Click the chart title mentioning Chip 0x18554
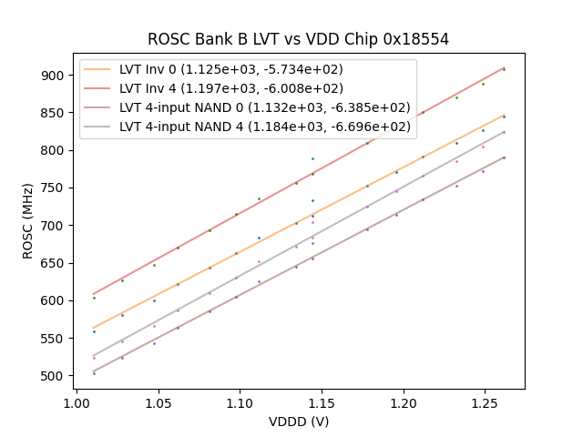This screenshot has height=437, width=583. [298, 39]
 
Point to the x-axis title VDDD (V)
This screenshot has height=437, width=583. [298, 422]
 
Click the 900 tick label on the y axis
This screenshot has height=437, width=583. [52, 75]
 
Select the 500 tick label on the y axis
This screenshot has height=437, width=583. [52, 376]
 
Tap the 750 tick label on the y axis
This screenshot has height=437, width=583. [52, 188]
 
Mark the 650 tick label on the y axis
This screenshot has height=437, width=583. [52, 263]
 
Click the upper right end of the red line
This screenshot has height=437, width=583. [504, 67]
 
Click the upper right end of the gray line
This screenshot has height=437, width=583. [504, 132]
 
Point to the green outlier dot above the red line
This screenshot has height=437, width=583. [312, 158]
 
